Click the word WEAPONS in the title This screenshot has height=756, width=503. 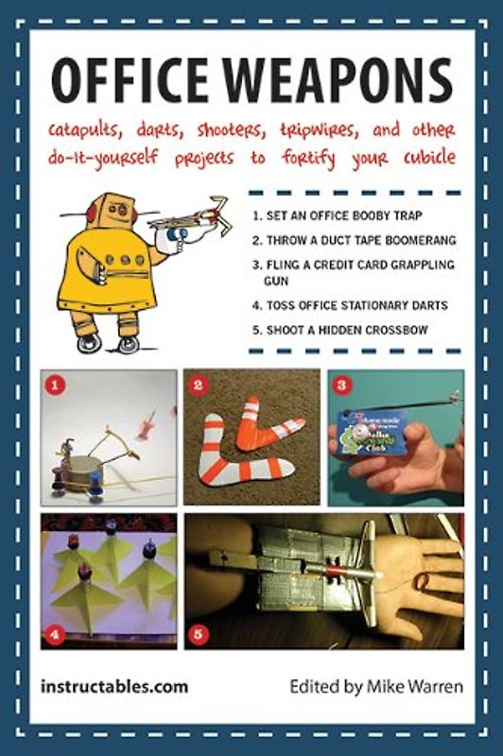click(340, 82)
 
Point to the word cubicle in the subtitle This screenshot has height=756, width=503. click(420, 157)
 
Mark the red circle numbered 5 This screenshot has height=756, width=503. click(198, 634)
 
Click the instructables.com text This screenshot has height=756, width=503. click(114, 686)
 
